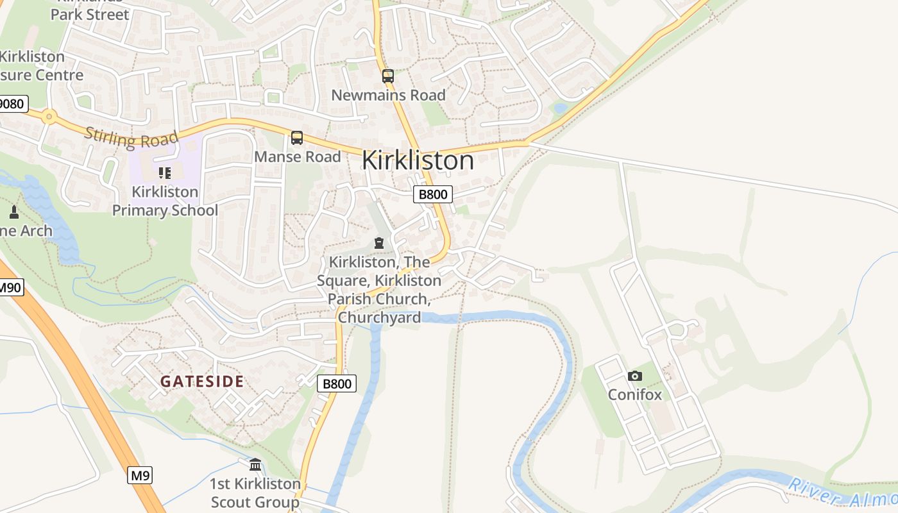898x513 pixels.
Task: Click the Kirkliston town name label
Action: [x=418, y=160]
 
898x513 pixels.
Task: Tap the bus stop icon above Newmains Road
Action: [x=387, y=76]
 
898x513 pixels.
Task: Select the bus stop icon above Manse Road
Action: [x=296, y=138]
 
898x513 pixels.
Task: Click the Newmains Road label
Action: [x=388, y=96]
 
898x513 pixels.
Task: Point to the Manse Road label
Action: [x=298, y=156]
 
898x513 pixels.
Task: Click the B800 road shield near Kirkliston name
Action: [x=433, y=194]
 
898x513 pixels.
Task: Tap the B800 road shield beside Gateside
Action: [x=337, y=383]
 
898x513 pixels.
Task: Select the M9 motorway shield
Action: [x=140, y=475]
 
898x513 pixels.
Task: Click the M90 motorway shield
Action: [x=10, y=287]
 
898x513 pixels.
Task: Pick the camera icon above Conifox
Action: [x=634, y=376]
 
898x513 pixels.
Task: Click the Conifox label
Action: [x=634, y=394]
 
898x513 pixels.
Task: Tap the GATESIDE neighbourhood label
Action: [x=202, y=382]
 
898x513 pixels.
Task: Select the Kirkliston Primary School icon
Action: [x=165, y=172]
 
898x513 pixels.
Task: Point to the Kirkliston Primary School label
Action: [x=165, y=201]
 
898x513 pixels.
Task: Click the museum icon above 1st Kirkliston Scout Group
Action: [x=255, y=464]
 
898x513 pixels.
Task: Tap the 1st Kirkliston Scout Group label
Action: [x=255, y=492]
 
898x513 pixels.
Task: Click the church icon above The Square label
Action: [x=378, y=243]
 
